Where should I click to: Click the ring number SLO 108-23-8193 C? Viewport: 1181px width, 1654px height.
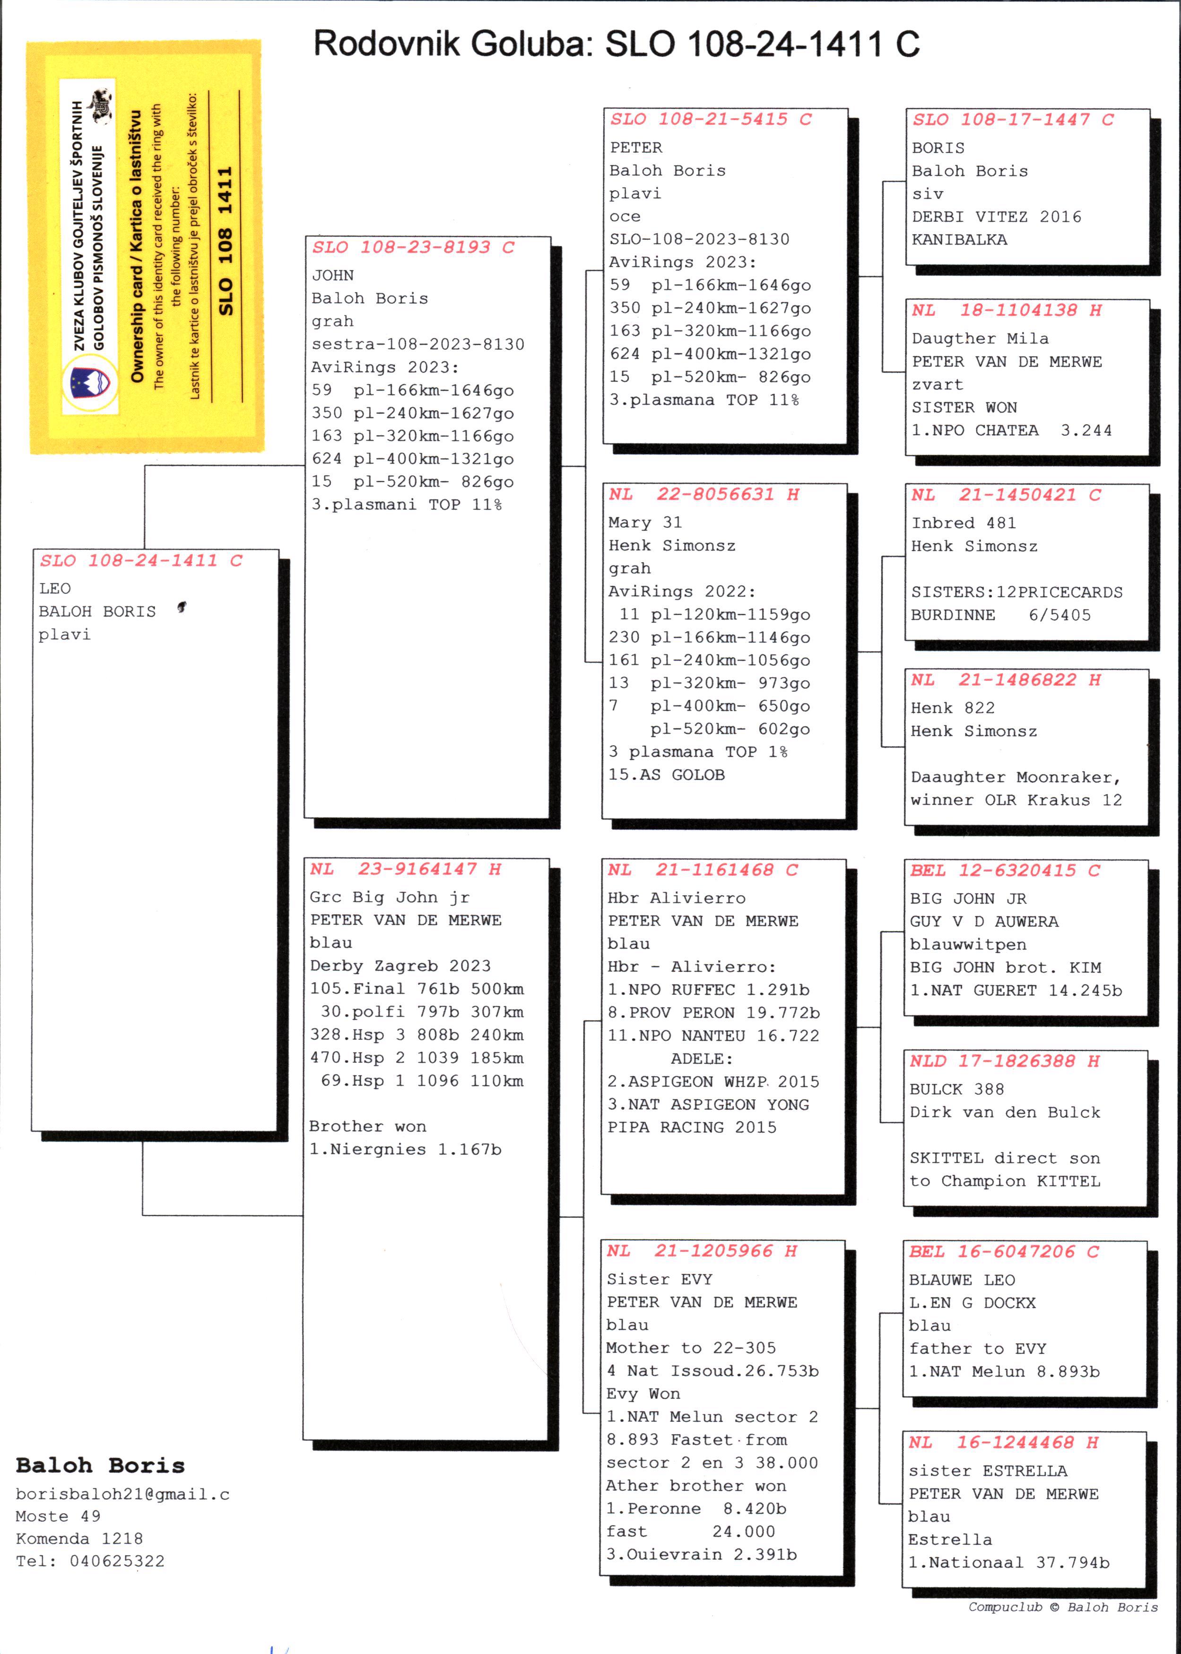pos(413,247)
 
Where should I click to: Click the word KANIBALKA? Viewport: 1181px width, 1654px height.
pos(959,239)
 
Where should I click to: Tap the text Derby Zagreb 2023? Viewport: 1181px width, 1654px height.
pos(400,966)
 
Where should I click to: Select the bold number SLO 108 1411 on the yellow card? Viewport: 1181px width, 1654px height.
pos(226,241)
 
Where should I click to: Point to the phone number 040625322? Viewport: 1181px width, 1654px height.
pos(117,1561)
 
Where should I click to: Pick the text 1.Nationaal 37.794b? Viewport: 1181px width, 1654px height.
pos(1008,1562)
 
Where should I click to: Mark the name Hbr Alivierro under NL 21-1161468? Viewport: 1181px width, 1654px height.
pos(677,898)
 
